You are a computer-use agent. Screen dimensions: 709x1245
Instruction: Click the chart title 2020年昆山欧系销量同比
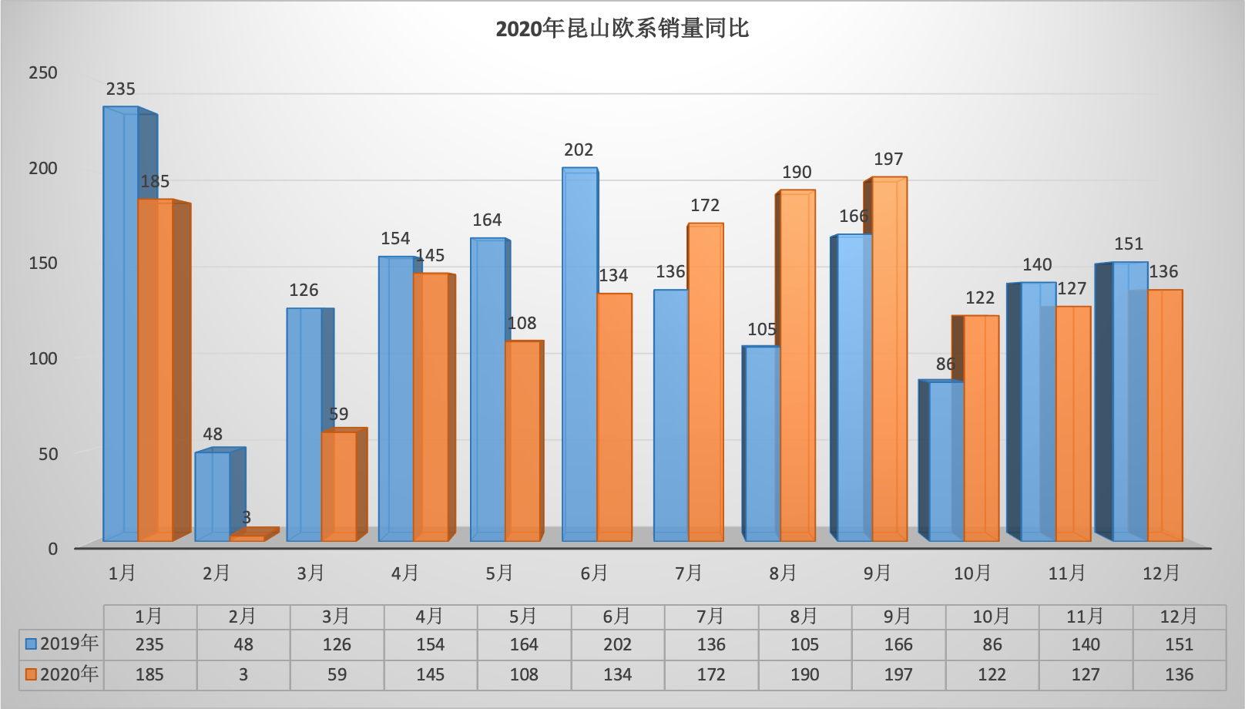point(622,29)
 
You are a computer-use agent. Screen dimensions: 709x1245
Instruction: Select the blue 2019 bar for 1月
point(121,324)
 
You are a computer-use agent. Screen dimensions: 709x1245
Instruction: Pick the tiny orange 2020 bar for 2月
point(247,538)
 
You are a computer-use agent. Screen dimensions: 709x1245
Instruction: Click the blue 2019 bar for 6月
point(579,354)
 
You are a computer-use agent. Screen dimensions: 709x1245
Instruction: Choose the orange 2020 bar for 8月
point(797,366)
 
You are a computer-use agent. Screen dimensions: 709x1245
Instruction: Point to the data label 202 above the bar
point(579,150)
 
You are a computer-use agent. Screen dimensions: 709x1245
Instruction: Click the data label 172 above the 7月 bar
point(705,206)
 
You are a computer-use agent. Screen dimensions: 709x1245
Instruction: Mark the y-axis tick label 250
point(43,73)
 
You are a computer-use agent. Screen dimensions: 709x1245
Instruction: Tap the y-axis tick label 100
point(43,359)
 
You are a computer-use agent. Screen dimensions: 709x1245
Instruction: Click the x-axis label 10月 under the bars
point(972,573)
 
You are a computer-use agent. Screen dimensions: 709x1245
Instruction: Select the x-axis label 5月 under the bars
point(499,573)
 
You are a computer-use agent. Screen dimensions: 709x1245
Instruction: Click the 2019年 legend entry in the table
point(62,643)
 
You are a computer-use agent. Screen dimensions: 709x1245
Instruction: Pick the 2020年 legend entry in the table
point(62,674)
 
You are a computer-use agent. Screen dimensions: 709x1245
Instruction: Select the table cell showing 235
point(149,644)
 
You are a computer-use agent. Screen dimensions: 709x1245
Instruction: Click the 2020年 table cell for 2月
point(243,675)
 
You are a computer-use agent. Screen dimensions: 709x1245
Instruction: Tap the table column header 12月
point(1179,617)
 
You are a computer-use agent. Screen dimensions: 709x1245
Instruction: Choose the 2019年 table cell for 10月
point(992,644)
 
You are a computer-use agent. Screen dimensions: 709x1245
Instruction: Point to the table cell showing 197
point(898,675)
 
